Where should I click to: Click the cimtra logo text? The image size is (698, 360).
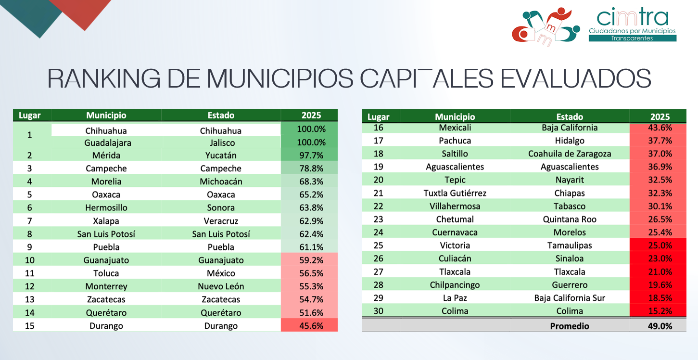[x=632, y=17]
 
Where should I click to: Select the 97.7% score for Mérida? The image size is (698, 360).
[x=309, y=155]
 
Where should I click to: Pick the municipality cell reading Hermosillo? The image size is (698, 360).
[x=106, y=207]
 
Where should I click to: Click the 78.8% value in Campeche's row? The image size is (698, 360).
[x=309, y=168]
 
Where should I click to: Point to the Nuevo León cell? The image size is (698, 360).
[x=221, y=286]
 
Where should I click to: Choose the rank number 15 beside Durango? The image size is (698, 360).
[x=29, y=325]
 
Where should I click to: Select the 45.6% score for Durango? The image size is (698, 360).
[x=309, y=325]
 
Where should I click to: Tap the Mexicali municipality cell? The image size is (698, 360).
[x=455, y=128]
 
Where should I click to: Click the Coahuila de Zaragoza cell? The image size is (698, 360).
[x=570, y=154]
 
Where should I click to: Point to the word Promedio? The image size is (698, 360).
[x=570, y=326]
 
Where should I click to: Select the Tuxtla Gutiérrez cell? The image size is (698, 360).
[x=455, y=193]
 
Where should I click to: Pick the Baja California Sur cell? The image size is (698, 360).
[x=570, y=297]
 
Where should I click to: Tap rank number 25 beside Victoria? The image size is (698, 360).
[x=378, y=245]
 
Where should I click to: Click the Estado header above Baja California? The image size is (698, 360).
[x=570, y=116]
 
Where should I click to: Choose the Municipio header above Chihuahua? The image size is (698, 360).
[x=106, y=115]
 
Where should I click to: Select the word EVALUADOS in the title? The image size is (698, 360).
[x=575, y=78]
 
